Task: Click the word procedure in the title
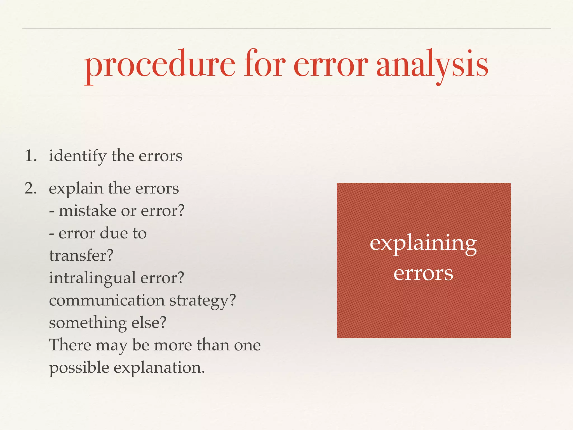pyautogui.click(x=159, y=66)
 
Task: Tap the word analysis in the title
pyautogui.click(x=432, y=66)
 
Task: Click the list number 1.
pyautogui.click(x=30, y=156)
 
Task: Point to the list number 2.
pyautogui.click(x=30, y=188)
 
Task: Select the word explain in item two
pyautogui.click(x=76, y=189)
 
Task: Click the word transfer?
pyautogui.click(x=81, y=255)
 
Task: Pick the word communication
pyautogui.click(x=107, y=300)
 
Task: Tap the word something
pyautogui.click(x=88, y=323)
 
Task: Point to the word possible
pyautogui.click(x=79, y=368)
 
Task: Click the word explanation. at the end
pyautogui.click(x=159, y=368)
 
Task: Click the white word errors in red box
pyautogui.click(x=423, y=273)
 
